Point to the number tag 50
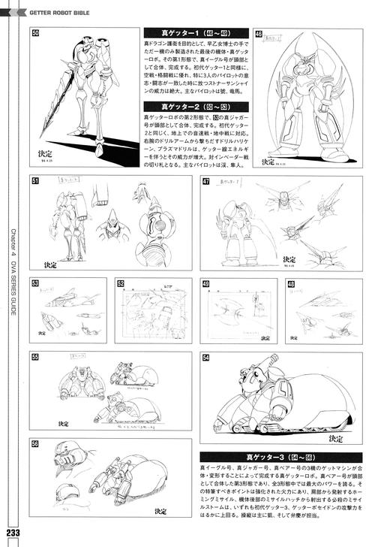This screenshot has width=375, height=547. (35, 34)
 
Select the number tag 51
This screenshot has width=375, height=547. (35, 180)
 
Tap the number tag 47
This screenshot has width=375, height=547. (205, 181)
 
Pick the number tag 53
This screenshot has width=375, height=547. (35, 283)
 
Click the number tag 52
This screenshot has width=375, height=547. (120, 283)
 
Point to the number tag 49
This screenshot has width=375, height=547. (205, 283)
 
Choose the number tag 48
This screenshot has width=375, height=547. (290, 283)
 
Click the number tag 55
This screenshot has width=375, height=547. (35, 356)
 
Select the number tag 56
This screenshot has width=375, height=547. (35, 443)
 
